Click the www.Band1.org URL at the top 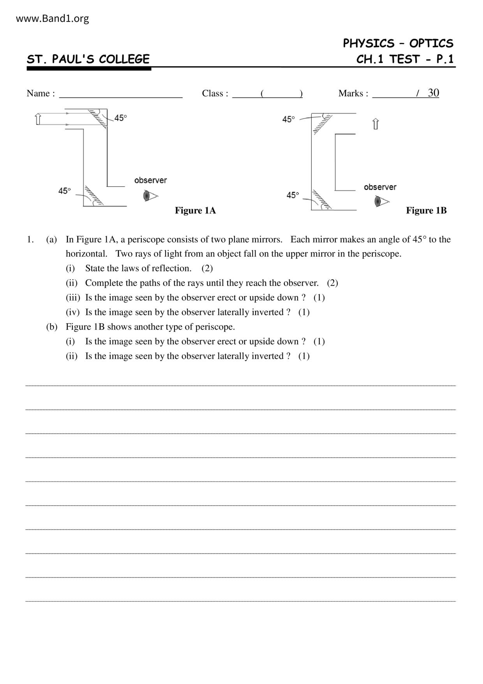52,18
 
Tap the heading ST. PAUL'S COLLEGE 88,59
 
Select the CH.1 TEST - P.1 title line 405,59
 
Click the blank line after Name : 121,94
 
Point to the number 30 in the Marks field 433,93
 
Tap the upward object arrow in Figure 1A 38,119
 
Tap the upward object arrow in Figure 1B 375,124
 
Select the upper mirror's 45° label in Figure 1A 120,118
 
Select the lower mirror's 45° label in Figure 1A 65,191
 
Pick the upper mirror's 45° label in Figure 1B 289,119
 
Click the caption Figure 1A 195,211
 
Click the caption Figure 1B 426,211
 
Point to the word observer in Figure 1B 380,187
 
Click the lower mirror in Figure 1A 93,196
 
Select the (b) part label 51,327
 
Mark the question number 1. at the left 30,239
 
